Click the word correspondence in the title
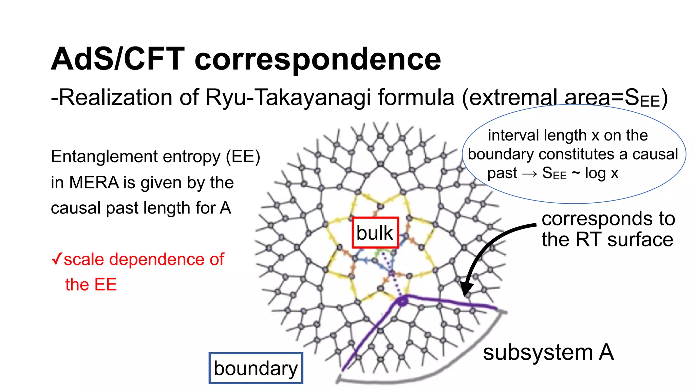click(x=318, y=60)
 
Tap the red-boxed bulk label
click(x=375, y=233)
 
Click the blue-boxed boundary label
click(x=256, y=369)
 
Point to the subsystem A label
click(x=548, y=352)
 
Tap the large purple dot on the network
click(x=402, y=301)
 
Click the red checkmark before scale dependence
click(x=57, y=259)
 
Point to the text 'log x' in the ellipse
click(x=601, y=173)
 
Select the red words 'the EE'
click(x=91, y=284)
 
